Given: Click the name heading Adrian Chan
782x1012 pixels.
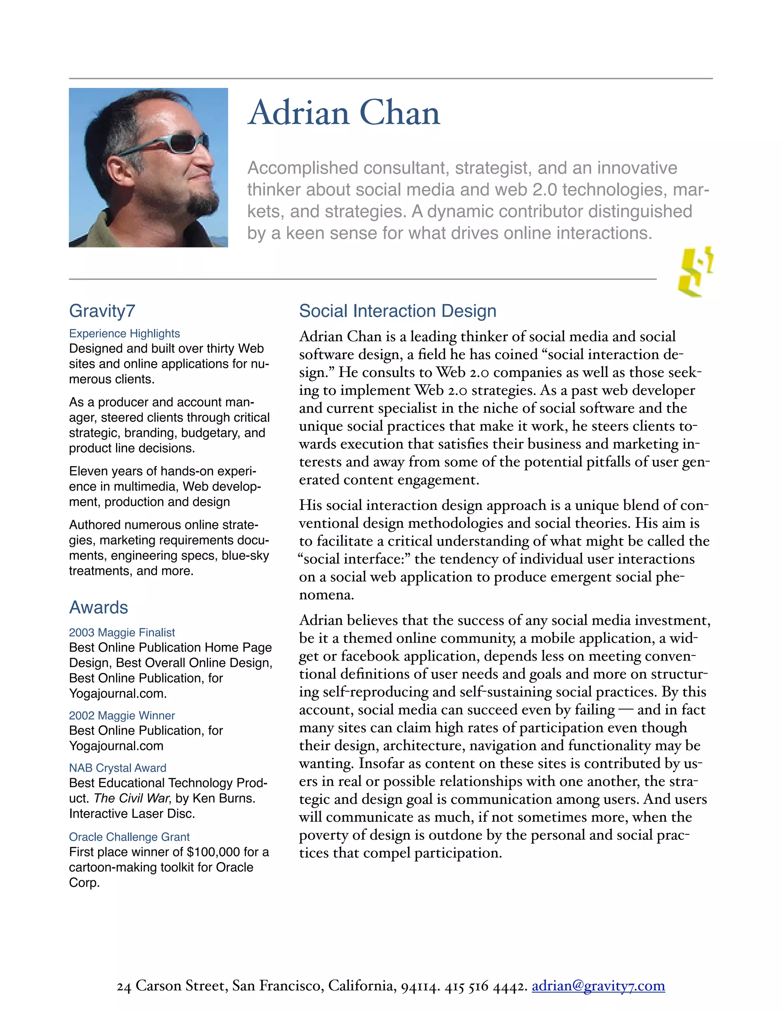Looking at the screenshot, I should [x=344, y=113].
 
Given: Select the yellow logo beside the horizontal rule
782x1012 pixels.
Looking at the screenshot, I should [x=695, y=272].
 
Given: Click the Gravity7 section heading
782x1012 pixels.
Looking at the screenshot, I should [x=102, y=311].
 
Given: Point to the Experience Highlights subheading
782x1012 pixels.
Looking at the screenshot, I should [x=124, y=334].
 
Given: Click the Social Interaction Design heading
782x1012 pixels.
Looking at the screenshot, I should [x=397, y=311].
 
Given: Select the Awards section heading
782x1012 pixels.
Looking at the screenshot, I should [x=98, y=608].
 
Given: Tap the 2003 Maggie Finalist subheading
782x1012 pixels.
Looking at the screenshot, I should [x=122, y=632].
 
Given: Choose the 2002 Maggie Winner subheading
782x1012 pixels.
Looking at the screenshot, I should [x=122, y=715].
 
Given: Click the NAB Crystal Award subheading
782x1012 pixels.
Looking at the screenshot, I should [x=117, y=768].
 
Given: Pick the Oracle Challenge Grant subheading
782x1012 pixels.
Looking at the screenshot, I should [x=129, y=837].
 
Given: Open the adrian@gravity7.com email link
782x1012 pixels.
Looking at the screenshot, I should [x=598, y=986].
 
